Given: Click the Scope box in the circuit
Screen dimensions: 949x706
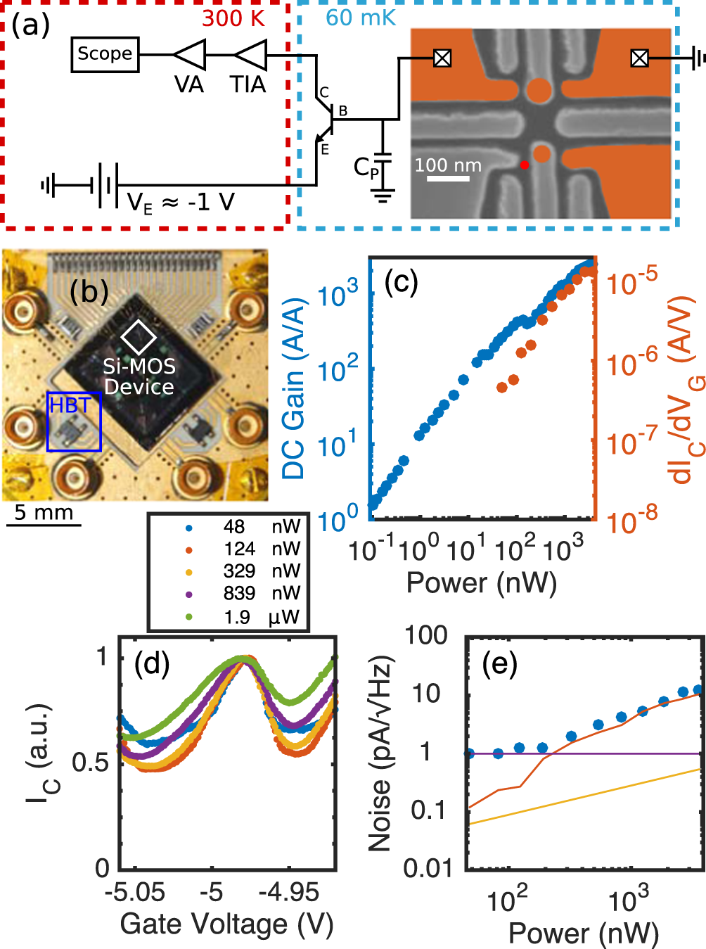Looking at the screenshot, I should [x=105, y=54].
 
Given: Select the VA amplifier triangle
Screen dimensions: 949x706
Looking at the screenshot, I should [x=189, y=55].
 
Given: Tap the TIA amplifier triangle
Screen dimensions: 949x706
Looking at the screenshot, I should [x=250, y=55].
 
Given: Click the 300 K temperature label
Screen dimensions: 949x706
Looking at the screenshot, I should [x=233, y=18].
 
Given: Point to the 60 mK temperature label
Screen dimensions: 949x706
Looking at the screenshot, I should [x=361, y=18].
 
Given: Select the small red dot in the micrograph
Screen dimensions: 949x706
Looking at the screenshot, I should [x=525, y=165].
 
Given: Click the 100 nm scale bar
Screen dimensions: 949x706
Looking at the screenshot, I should [x=448, y=179].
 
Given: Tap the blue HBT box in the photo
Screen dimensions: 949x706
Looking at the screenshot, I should [x=74, y=421].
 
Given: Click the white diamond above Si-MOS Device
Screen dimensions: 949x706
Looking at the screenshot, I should [x=139, y=337].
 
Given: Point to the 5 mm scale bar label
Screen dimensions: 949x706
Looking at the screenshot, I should [x=44, y=512].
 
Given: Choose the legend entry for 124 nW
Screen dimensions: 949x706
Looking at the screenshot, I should [x=239, y=549].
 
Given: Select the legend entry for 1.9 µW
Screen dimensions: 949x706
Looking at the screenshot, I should [x=239, y=617].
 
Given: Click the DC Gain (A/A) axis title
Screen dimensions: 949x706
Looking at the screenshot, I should [x=295, y=388].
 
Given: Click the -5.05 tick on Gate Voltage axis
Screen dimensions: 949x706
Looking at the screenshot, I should [x=135, y=893].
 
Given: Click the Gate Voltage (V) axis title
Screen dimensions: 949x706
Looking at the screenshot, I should [x=226, y=924].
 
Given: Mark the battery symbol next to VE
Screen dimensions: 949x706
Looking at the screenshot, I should [x=104, y=186].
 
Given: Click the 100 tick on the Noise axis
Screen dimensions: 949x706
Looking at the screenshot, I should [x=426, y=635].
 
